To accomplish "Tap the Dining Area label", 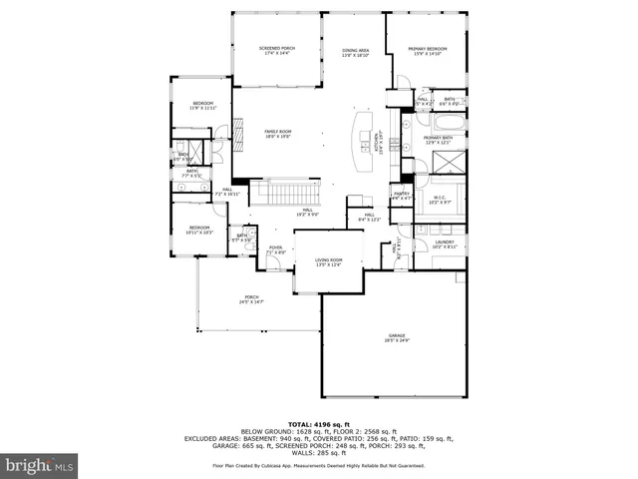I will click(x=356, y=51).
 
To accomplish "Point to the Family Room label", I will click(x=277, y=134).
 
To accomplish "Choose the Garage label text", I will click(x=396, y=339).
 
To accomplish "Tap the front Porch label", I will click(x=251, y=299).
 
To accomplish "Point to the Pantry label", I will click(x=402, y=196).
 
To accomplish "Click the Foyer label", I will click(x=275, y=249).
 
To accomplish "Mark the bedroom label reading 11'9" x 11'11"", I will click(x=203, y=106).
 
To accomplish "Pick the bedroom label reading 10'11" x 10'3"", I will click(x=201, y=230).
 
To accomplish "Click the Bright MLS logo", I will click(x=40, y=465).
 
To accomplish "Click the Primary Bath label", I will click(x=438, y=140).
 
